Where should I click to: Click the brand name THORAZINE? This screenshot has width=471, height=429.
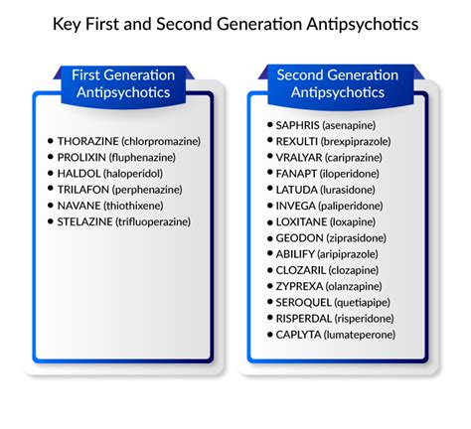[87, 141]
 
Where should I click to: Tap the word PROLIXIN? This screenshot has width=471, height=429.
[81, 157]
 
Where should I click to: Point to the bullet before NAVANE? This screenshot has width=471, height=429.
[51, 206]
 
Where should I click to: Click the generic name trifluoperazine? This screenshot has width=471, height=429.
[153, 221]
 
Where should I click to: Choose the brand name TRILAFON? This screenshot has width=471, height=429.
[83, 190]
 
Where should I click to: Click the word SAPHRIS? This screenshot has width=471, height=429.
[297, 125]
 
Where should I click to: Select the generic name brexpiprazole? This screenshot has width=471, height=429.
[356, 142]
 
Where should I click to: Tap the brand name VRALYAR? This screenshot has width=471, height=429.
[299, 158]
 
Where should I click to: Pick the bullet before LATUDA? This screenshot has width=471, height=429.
[270, 189]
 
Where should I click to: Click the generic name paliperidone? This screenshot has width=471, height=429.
[351, 206]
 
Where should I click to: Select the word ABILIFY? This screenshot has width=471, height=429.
[295, 254]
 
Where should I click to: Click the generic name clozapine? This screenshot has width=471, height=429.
[353, 270]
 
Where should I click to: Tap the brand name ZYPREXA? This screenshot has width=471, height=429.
[299, 286]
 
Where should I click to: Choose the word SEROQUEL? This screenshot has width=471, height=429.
[303, 303]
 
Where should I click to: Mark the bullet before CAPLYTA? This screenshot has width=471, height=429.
[270, 335]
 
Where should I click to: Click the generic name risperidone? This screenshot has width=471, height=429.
[364, 319]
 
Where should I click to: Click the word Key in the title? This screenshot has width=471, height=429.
[67, 25]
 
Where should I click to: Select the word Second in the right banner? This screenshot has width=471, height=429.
[300, 75]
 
